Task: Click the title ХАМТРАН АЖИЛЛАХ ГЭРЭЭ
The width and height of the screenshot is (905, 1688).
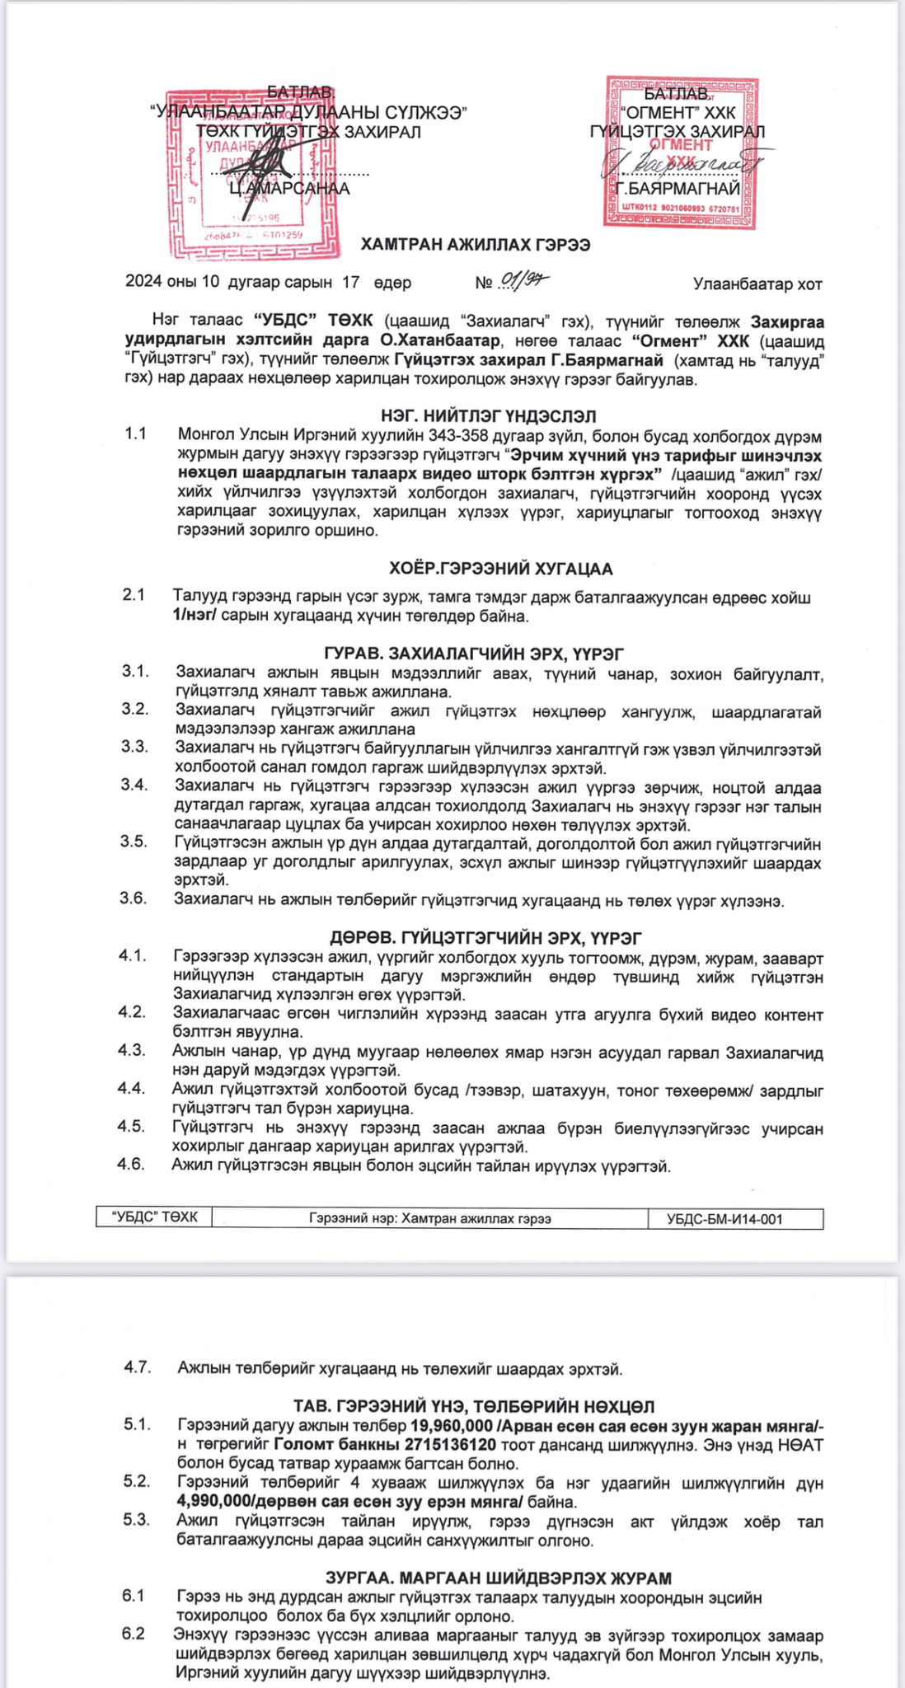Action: pos(476,245)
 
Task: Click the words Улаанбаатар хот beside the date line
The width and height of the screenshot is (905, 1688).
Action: pos(757,284)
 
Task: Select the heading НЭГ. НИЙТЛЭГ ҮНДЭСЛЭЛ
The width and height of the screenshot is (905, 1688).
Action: pos(489,416)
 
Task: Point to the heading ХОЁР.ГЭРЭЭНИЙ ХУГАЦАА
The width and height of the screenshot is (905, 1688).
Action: pos(501,569)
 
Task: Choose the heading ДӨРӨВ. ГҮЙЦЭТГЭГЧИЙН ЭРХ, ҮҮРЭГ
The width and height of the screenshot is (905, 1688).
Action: pos(486,938)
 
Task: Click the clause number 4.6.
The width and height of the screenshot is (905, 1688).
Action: pos(132,1164)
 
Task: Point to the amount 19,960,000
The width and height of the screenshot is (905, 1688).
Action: pos(451,1426)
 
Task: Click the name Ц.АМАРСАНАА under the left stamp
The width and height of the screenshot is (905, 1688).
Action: pos(289,189)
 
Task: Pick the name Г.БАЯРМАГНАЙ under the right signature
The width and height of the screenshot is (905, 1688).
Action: pos(678,189)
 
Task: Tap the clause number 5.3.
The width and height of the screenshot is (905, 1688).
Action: pos(136,1520)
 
